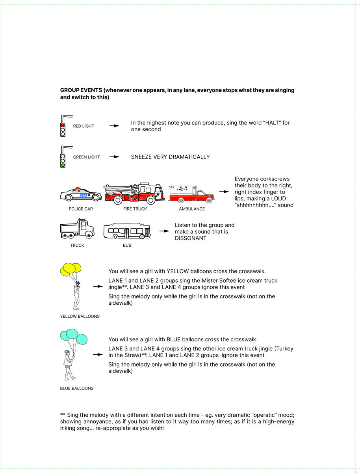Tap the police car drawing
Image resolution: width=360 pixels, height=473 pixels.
pyautogui.click(x=81, y=194)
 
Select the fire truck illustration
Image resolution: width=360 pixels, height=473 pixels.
pyautogui.click(x=134, y=194)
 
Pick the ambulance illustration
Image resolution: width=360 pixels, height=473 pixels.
pyautogui.click(x=191, y=194)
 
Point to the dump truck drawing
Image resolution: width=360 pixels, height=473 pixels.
pyautogui.click(x=77, y=229)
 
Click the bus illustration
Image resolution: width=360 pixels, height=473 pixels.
pyautogui.click(x=127, y=231)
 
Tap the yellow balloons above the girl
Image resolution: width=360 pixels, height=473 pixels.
pyautogui.click(x=71, y=269)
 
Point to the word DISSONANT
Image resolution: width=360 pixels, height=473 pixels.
pyautogui.click(x=191, y=238)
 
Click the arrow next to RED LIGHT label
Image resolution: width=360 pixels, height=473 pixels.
pyautogui.click(x=114, y=126)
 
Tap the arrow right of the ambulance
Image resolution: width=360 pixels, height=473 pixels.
pyautogui.click(x=224, y=192)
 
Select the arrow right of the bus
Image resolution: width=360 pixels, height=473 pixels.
pyautogui.click(x=164, y=231)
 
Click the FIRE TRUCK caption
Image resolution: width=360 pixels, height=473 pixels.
pyautogui.click(x=135, y=209)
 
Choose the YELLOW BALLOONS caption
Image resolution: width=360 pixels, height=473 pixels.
pyautogui.click(x=80, y=316)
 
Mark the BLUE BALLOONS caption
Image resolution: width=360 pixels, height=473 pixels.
pyautogui.click(x=77, y=388)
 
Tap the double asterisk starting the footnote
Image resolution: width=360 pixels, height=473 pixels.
pyautogui.click(x=63, y=415)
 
